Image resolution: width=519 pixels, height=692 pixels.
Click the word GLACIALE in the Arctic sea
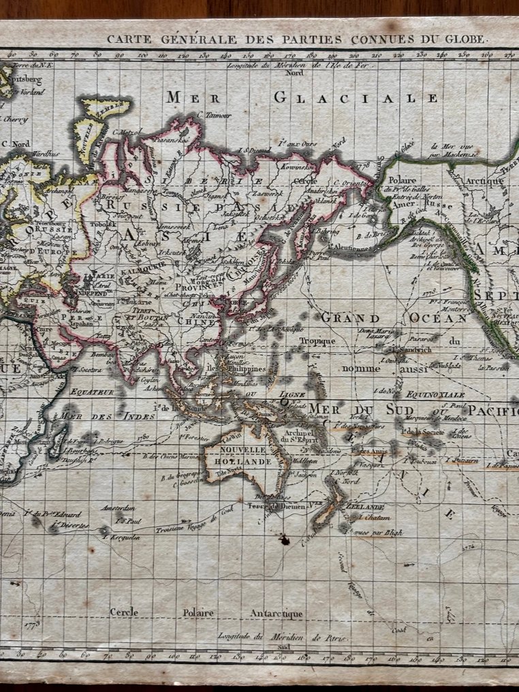356,98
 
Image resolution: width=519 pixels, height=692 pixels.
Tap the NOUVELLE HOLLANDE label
238,456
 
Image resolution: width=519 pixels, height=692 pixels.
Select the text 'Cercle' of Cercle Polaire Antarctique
128,612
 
